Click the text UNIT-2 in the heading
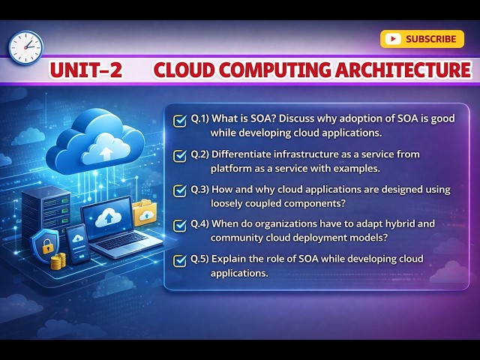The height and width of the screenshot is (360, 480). (85, 70)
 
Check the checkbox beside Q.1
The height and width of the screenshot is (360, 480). (180, 120)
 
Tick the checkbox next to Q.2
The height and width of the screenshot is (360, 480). (180, 155)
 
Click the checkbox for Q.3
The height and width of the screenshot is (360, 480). (180, 190)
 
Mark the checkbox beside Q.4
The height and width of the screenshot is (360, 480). (180, 225)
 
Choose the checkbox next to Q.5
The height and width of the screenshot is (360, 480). (180, 260)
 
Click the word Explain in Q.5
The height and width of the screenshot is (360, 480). (228, 259)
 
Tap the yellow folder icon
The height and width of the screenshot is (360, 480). (144, 213)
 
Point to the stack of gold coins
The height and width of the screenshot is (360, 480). (58, 262)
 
